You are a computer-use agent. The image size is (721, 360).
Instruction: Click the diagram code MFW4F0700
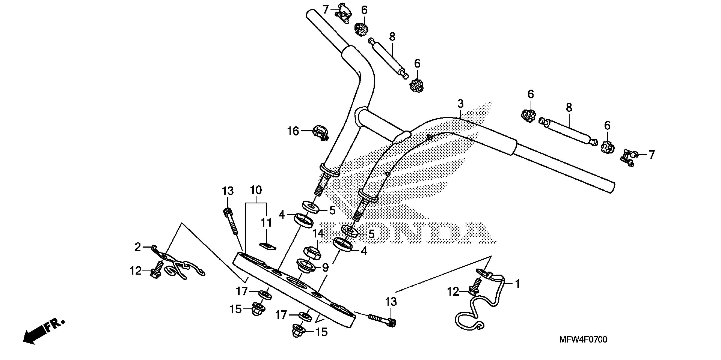[583, 340]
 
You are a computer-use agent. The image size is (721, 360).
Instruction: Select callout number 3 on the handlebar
[460, 104]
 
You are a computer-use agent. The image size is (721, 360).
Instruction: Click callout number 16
[293, 131]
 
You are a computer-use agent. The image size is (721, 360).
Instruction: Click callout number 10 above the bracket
[256, 190]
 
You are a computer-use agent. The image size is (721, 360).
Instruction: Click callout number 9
[325, 268]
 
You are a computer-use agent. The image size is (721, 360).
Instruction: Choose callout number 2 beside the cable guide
[138, 247]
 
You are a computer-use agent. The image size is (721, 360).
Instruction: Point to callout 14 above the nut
[318, 233]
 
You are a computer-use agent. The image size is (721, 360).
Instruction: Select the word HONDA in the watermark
[406, 232]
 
